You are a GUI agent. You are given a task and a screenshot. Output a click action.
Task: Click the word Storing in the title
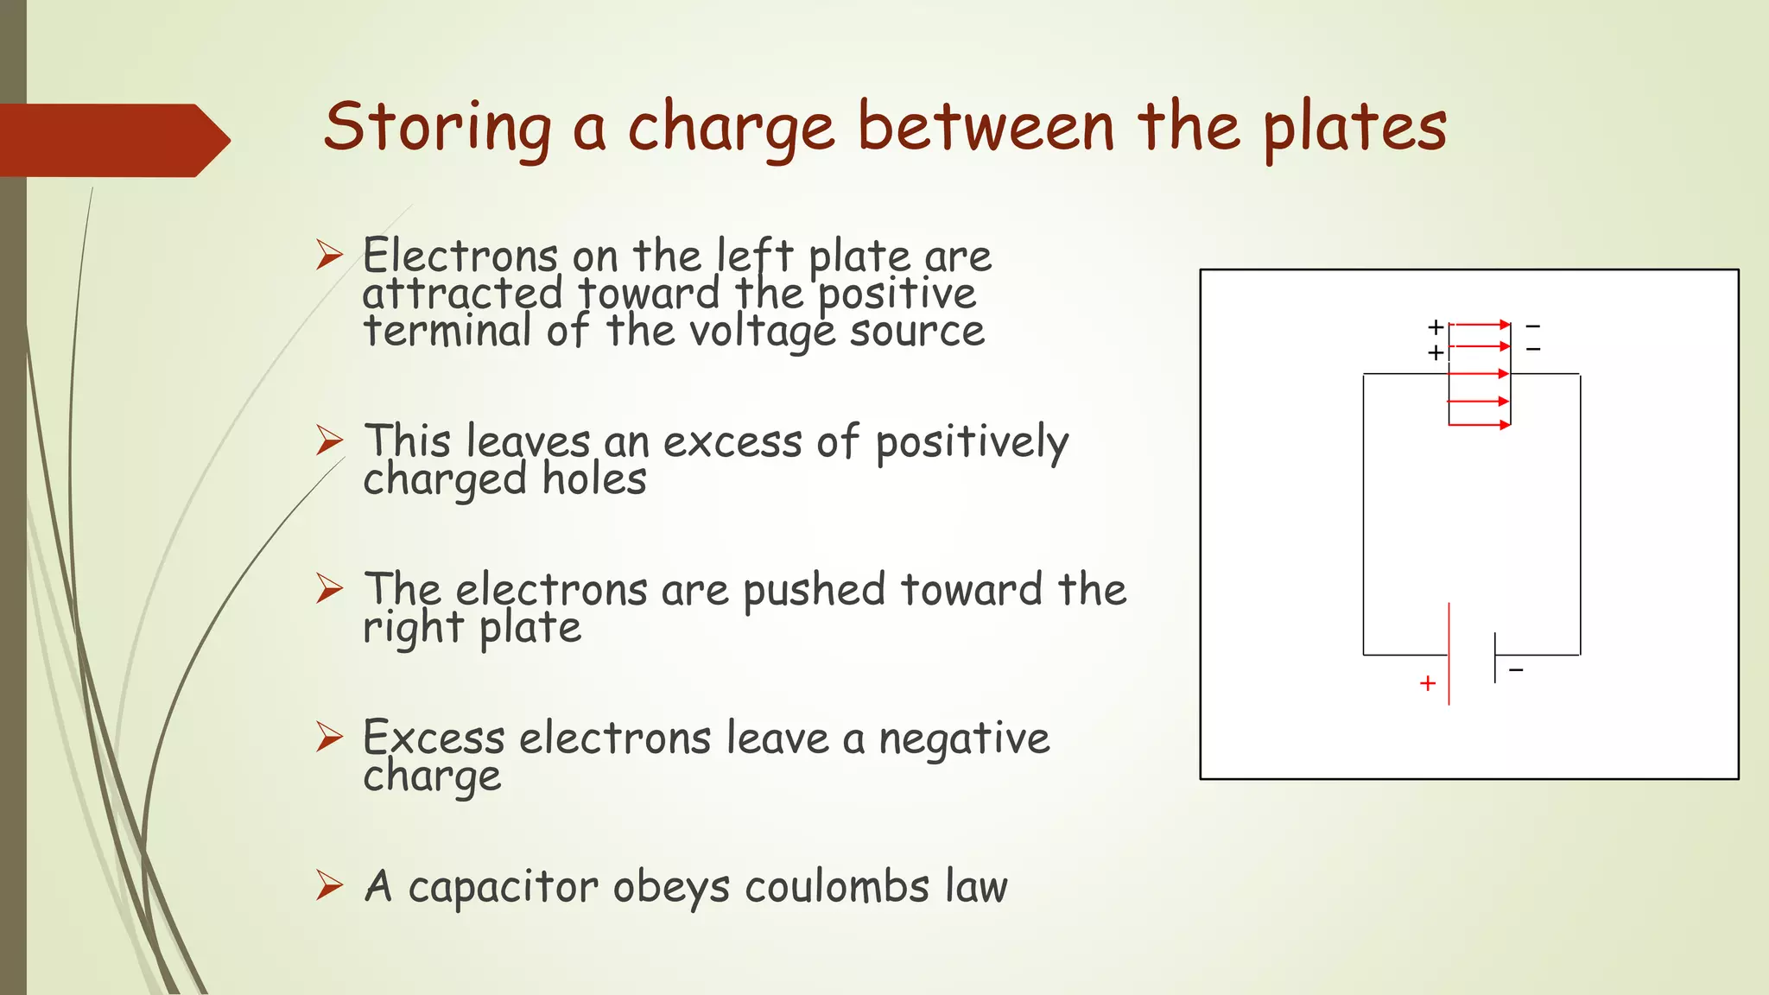point(437,128)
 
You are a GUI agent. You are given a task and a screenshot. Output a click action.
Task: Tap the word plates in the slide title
point(1354,128)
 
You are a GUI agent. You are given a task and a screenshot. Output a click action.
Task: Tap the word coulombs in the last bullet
point(837,887)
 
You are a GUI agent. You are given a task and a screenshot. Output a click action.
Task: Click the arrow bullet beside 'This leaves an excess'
point(329,440)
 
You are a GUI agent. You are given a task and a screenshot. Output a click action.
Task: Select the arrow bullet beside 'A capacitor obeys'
point(329,885)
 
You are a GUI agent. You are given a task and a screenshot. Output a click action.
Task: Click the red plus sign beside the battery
point(1428,683)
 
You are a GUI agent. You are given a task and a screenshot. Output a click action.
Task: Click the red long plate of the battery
point(1449,654)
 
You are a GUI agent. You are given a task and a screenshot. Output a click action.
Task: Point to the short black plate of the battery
point(1495,657)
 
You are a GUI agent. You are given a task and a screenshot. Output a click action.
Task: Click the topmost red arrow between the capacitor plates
point(1480,325)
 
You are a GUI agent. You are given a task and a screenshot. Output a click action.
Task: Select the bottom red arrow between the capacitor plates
point(1480,425)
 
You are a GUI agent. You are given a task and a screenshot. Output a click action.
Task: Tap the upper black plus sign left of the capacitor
point(1436,326)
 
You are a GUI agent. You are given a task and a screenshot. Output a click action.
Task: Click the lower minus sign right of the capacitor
point(1533,349)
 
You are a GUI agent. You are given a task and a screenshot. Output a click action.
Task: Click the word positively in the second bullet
point(972,443)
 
